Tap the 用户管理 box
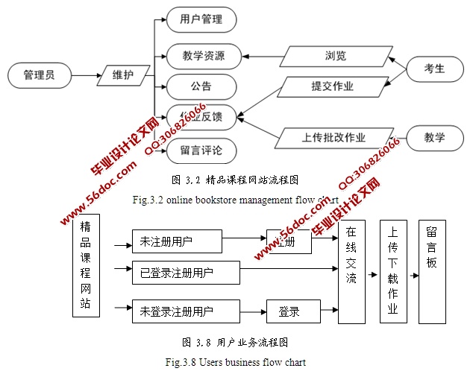click(201, 19)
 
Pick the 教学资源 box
click(201, 56)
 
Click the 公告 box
click(201, 85)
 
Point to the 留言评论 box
click(201, 150)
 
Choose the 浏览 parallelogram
click(335, 56)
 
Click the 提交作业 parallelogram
click(333, 86)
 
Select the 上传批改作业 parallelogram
click(333, 137)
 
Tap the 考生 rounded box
click(434, 69)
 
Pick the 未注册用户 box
click(177, 241)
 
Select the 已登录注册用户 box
click(186, 273)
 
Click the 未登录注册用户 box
click(186, 311)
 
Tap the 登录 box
click(293, 311)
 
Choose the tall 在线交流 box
click(351, 272)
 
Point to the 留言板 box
click(436, 272)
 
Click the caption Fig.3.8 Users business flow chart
click(237, 362)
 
